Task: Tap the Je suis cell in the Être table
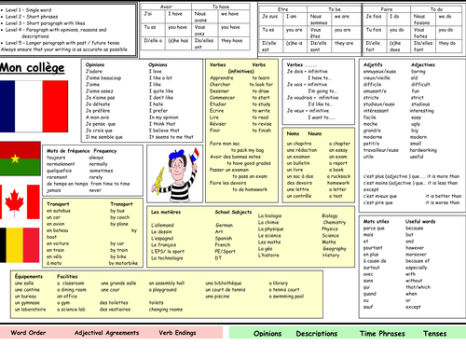(x=269, y=16)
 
